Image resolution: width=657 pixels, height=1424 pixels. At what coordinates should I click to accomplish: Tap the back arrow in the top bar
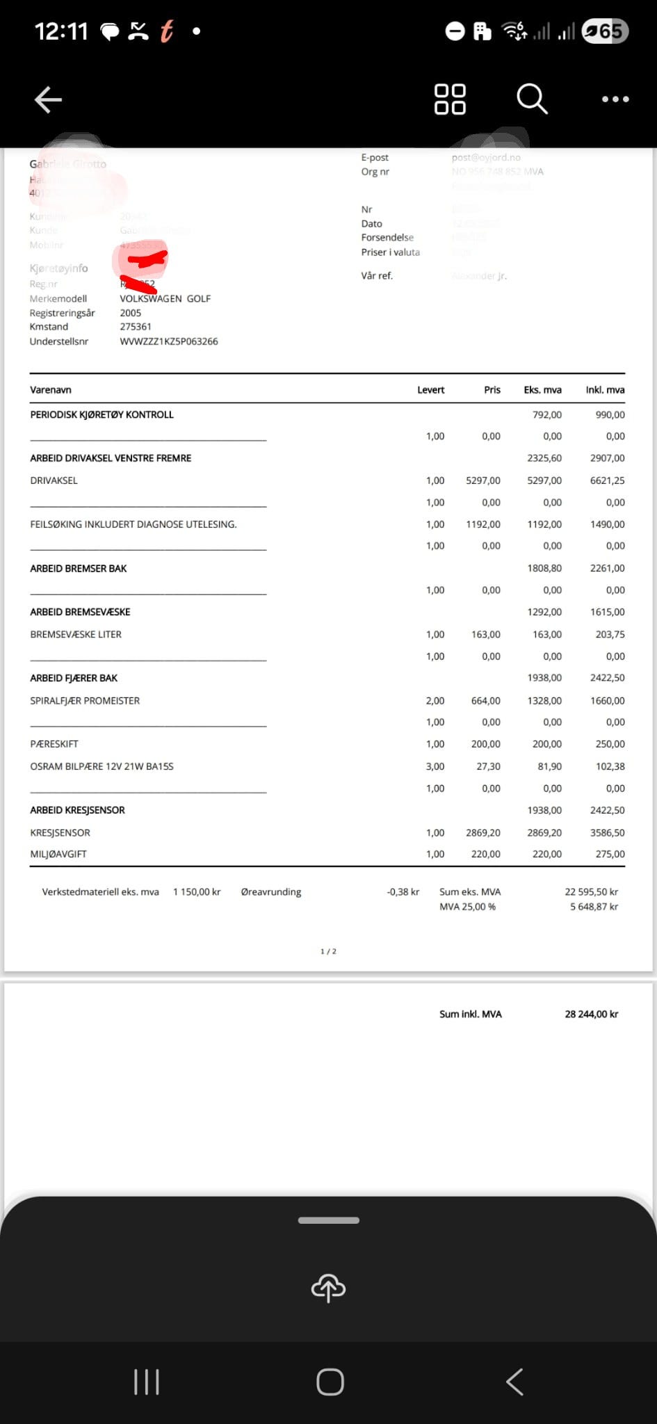(48, 99)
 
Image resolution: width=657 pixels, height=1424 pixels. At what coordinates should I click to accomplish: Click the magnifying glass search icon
(532, 99)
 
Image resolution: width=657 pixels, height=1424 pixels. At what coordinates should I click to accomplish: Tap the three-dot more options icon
(615, 99)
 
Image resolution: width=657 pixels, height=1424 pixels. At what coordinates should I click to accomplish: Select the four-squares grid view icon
(450, 99)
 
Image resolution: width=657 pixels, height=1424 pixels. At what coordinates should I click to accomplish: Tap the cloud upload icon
(328, 1288)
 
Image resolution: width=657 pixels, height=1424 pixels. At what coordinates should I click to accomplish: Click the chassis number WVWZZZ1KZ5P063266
(169, 341)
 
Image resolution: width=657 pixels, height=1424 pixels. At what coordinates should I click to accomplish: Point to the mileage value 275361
(136, 327)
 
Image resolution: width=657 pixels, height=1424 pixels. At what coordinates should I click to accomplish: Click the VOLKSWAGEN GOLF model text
(165, 298)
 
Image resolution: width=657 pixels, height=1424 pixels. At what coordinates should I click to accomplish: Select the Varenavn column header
(51, 390)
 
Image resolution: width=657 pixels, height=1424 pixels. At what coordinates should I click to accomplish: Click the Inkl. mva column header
(605, 390)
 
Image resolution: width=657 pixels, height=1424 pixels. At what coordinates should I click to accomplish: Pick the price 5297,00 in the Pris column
(483, 480)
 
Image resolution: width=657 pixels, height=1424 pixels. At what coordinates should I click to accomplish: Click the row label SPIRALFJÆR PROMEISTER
(85, 701)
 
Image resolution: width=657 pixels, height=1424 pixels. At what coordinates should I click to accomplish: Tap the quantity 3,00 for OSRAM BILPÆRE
(435, 766)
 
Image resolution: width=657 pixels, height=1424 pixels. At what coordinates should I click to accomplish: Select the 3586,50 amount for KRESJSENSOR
(607, 832)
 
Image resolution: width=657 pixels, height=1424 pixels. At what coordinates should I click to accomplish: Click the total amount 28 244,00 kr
(591, 1014)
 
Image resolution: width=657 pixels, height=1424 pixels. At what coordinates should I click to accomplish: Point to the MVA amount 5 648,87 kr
(594, 907)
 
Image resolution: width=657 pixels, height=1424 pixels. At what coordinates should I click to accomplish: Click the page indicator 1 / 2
(328, 951)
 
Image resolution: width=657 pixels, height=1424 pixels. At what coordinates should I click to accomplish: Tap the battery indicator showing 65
(605, 31)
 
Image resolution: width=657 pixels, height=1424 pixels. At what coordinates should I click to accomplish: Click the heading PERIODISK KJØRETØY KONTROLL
(102, 414)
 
